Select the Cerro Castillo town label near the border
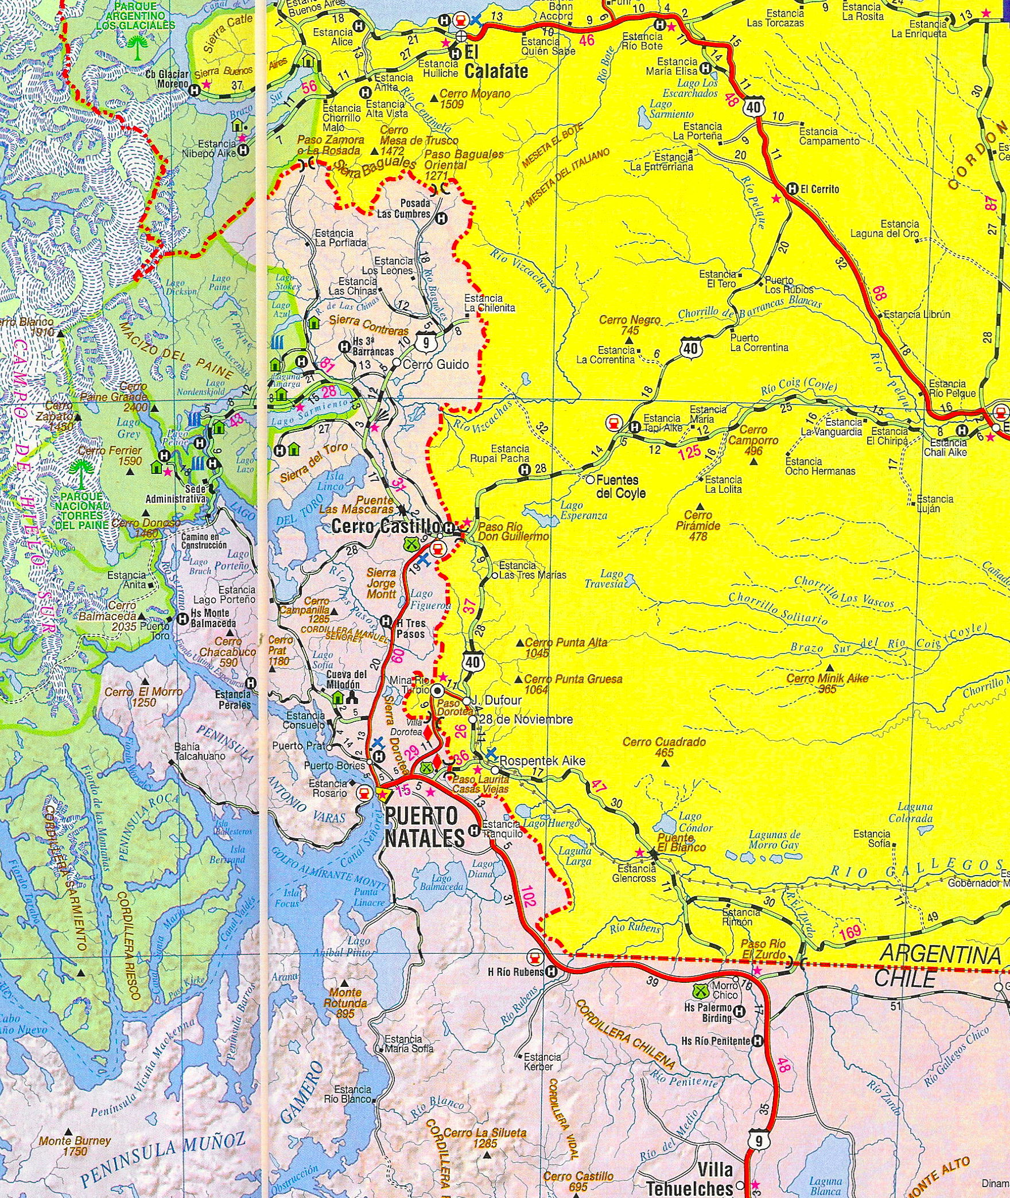386,526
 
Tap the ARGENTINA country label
941,955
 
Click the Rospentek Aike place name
542,761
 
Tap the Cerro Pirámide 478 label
698,525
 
